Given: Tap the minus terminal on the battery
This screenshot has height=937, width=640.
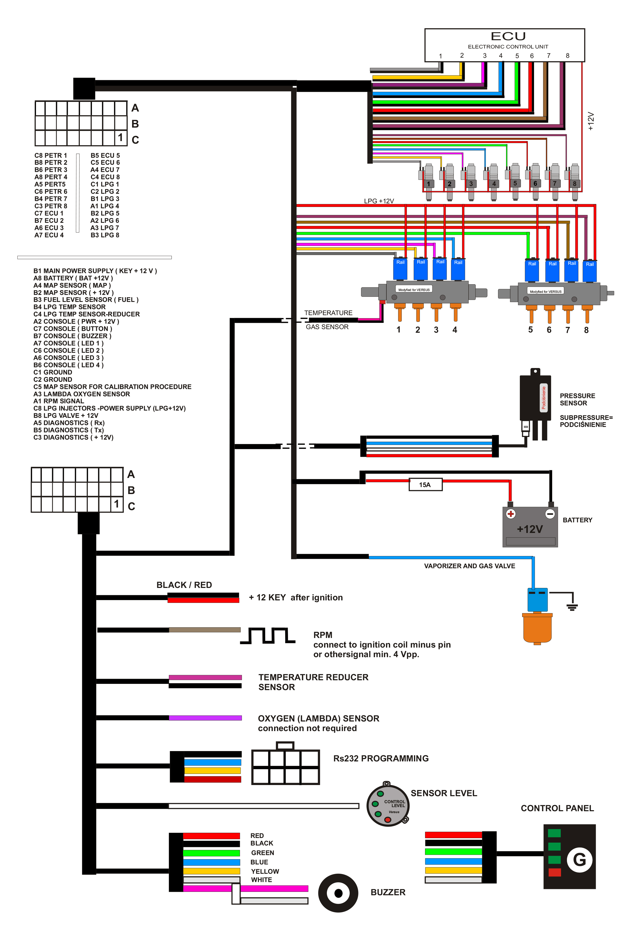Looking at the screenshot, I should coord(550,514).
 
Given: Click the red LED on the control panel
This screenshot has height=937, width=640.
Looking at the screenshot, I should coord(554,872).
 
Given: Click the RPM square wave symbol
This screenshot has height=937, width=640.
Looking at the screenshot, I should coord(268,635).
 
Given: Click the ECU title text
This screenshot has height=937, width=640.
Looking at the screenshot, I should coord(508,36).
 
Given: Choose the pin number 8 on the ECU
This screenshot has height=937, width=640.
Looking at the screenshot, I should coord(567,56).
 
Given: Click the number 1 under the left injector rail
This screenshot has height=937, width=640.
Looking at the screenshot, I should coord(398,330).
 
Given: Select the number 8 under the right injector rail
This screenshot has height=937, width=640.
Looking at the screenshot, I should coord(586,330).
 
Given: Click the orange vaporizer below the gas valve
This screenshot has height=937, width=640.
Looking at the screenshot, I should coord(537,628).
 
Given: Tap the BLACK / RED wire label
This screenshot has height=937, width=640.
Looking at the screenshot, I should coord(184,585).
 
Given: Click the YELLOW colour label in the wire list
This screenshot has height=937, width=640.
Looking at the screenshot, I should coord(265,871).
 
